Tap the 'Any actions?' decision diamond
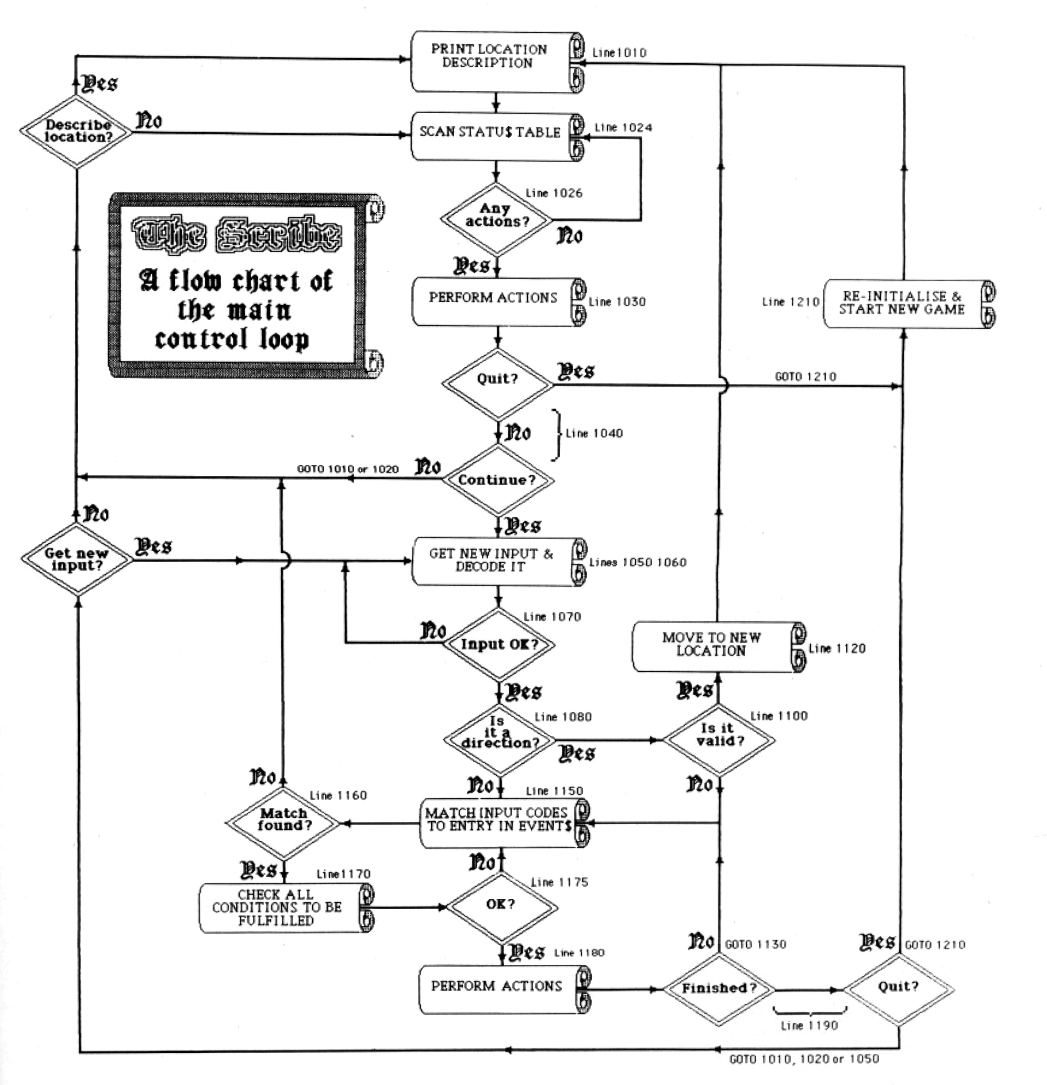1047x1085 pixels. click(496, 218)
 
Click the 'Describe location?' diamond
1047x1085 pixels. click(76, 132)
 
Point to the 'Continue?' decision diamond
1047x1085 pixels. click(497, 480)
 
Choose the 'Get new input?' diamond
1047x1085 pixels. click(76, 559)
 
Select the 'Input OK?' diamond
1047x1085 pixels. click(498, 644)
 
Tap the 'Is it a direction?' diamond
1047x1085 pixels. click(499, 739)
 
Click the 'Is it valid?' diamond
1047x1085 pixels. click(719, 739)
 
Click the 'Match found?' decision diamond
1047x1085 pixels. click(284, 823)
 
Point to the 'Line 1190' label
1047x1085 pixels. click(809, 1026)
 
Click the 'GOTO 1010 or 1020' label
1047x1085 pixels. click(347, 469)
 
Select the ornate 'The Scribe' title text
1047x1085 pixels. click(236, 234)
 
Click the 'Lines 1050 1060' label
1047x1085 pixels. click(638, 562)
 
